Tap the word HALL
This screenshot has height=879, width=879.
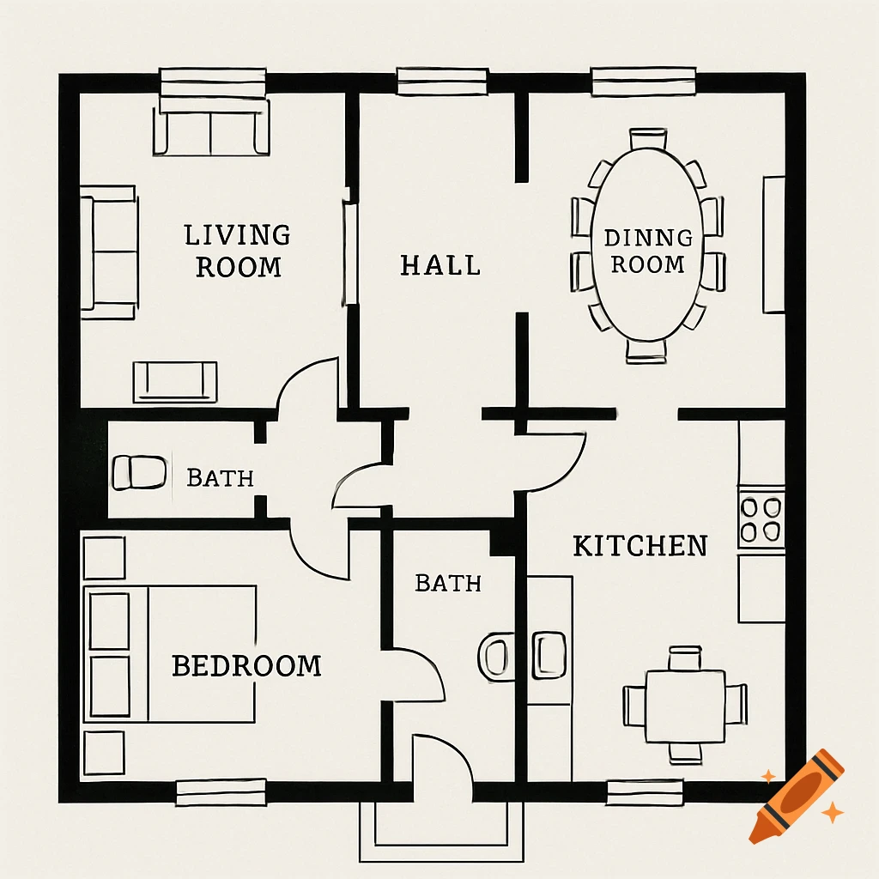[x=440, y=264]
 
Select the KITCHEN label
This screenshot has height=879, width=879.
[x=640, y=545]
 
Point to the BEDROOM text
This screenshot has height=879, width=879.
[x=246, y=665]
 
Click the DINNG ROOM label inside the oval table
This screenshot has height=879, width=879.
[x=648, y=251]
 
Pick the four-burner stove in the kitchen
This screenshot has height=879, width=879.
[x=761, y=518]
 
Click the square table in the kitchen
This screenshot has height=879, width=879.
[x=686, y=706]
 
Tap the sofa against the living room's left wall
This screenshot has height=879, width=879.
[x=109, y=252]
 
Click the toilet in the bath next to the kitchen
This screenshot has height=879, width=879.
[x=497, y=657]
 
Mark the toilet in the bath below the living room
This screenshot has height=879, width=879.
[x=139, y=473]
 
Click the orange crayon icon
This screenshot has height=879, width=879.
[x=796, y=796]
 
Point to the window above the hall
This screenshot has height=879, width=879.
[x=441, y=82]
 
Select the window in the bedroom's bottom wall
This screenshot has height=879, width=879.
[x=221, y=791]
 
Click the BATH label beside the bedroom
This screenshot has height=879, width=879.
[x=448, y=584]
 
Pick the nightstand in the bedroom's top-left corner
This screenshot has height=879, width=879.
[x=104, y=558]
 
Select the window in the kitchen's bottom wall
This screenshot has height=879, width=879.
[x=646, y=791]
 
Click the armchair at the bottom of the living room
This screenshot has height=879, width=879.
[x=175, y=381]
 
